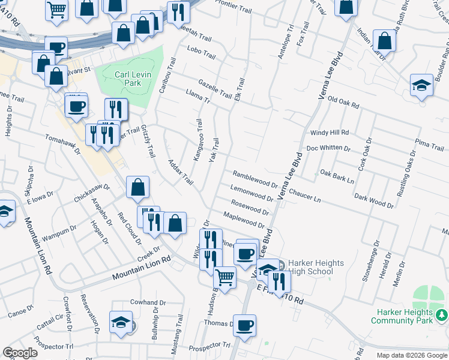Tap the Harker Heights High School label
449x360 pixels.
[x=310, y=267]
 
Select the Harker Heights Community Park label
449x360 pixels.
[x=405, y=316]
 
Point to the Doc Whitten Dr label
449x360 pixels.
[x=328, y=148]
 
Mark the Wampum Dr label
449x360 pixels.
[x=60, y=229]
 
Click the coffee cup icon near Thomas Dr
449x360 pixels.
[x=244, y=325]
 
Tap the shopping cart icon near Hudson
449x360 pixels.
[x=224, y=278]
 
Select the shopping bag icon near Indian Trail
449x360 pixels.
[x=384, y=41]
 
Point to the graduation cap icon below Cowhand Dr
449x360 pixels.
[x=121, y=322]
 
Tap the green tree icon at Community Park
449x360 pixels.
[x=441, y=314]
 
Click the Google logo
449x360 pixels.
[x=20, y=353]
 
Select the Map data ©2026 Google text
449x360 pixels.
[x=411, y=355]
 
